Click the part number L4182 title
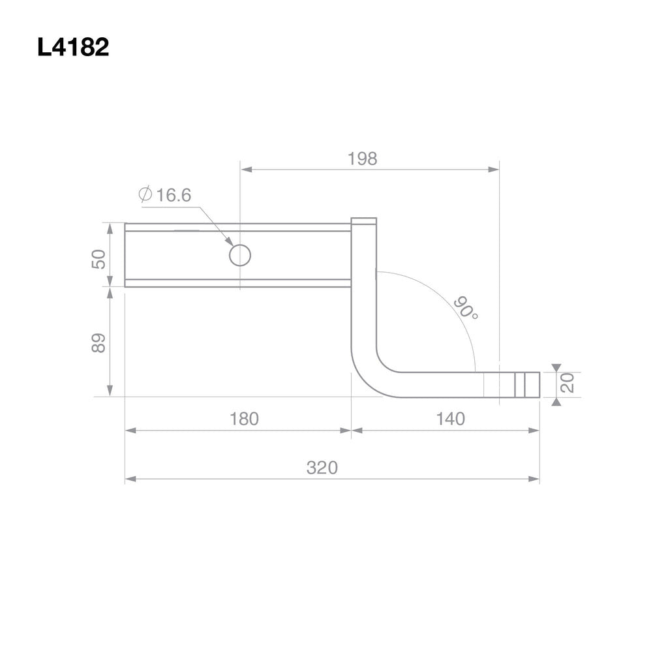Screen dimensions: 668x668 73,48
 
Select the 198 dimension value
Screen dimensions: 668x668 362,159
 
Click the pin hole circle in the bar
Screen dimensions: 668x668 240,255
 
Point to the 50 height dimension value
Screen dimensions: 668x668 99,259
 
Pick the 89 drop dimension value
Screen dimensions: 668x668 99,343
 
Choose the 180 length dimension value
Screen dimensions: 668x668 244,419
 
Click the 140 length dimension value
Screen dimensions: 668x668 450,419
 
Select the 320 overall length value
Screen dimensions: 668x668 322,468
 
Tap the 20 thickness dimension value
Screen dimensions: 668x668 568,383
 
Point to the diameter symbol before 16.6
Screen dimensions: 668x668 145,194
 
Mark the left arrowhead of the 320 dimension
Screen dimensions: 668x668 130,479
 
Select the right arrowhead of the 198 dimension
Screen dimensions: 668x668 494,170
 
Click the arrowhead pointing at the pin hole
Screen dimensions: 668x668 230,242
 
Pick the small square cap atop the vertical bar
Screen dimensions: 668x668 363,221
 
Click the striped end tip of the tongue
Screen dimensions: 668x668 527,385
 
